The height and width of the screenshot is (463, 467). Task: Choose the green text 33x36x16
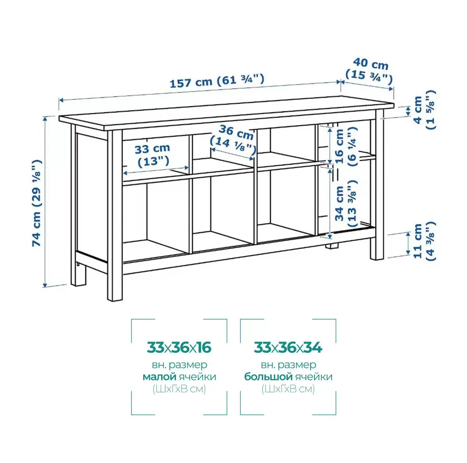point(179,348)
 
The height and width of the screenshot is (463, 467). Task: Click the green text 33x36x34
point(288,348)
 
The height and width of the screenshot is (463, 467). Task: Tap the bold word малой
point(159,377)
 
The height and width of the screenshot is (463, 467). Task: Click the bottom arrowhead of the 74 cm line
point(45,285)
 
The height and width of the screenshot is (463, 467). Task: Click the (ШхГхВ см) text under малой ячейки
point(179,389)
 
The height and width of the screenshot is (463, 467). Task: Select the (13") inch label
point(153,161)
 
